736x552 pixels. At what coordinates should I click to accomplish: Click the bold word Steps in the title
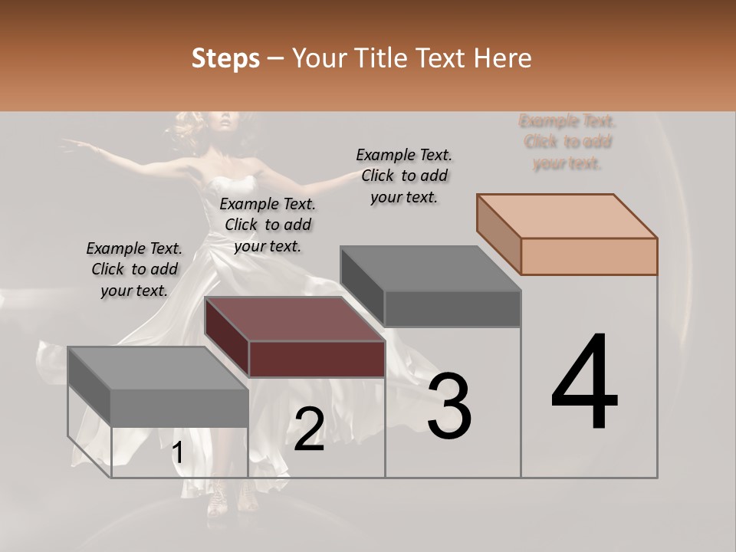225,59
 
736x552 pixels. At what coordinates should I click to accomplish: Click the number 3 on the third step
449,406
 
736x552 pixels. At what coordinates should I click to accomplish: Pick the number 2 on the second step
309,429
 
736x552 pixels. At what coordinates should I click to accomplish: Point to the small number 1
177,453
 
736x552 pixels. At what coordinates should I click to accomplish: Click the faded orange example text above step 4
567,142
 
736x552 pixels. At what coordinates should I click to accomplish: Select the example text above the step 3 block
404,176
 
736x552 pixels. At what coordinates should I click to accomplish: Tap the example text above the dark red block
268,225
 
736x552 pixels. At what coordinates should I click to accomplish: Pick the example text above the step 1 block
134,269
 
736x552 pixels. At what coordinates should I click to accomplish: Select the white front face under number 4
589,452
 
